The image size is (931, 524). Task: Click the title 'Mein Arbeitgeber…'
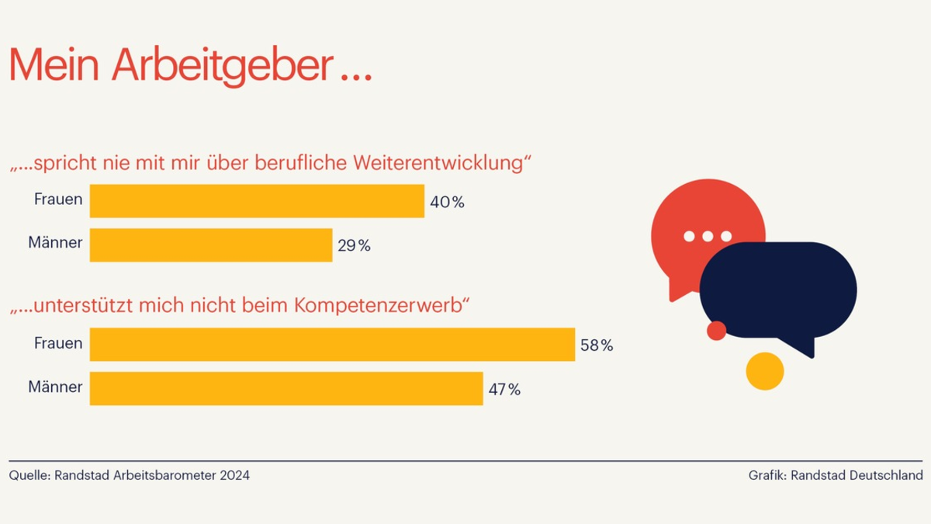tap(190, 65)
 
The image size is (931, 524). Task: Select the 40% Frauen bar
tap(257, 201)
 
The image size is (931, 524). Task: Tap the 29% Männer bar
tap(211, 245)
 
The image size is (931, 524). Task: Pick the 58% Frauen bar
tap(332, 344)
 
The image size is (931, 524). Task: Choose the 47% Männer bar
tap(286, 388)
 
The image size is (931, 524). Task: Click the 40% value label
tap(447, 203)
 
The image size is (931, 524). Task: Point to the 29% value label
tap(354, 246)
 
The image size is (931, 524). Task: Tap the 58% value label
tap(596, 345)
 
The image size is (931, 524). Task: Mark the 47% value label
tap(504, 390)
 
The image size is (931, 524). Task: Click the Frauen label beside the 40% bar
tap(58, 200)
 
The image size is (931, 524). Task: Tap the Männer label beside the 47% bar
tap(55, 387)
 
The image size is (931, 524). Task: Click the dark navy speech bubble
tap(784, 291)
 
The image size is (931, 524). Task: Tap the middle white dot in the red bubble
tap(708, 236)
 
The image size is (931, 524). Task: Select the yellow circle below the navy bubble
tap(765, 371)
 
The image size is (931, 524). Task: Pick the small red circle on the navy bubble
tap(717, 331)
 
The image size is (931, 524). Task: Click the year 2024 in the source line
tap(234, 475)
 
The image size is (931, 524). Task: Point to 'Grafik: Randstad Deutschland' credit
tap(836, 475)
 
